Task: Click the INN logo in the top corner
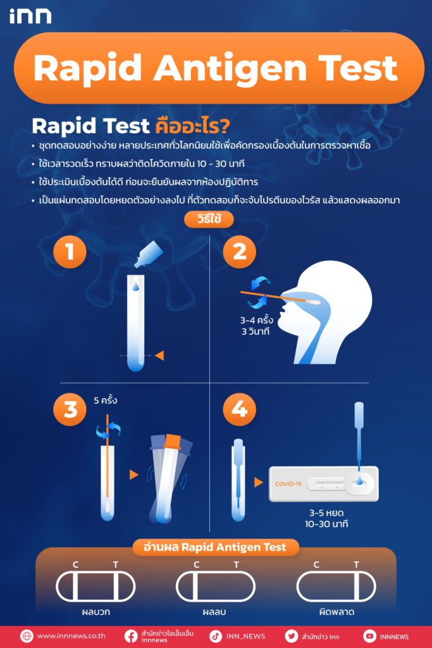click(30, 16)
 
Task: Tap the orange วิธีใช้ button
click(209, 219)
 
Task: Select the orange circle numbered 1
click(70, 252)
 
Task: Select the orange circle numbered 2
click(240, 252)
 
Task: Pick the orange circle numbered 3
click(70, 409)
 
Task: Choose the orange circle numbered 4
click(240, 409)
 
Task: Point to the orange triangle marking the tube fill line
click(159, 356)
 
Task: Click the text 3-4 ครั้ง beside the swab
click(256, 320)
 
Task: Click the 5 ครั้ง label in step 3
click(106, 401)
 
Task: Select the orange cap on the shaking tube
click(172, 441)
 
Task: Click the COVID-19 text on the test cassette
click(288, 484)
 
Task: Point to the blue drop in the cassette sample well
click(359, 481)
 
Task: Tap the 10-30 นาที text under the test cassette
click(326, 524)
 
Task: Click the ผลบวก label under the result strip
click(96, 612)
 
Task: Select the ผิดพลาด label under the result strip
click(336, 612)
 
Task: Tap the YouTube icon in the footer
click(369, 637)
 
